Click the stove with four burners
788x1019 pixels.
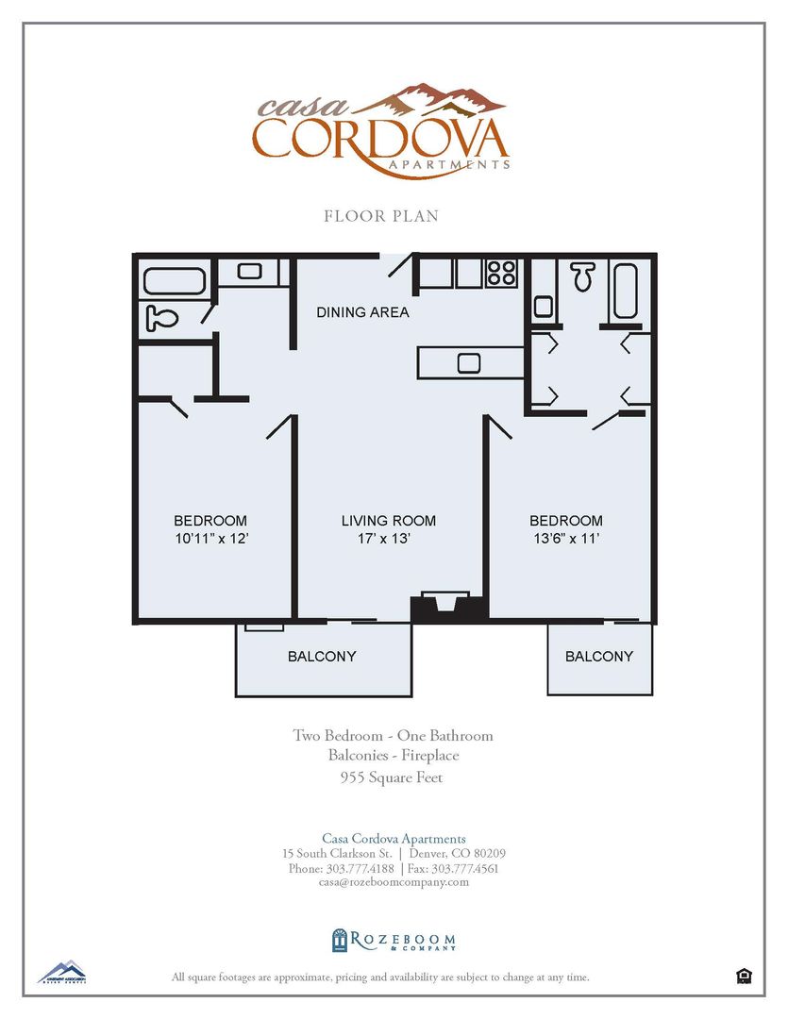point(501,273)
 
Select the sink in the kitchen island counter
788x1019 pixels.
point(469,362)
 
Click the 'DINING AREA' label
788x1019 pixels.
point(362,312)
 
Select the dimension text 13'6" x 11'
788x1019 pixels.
point(565,540)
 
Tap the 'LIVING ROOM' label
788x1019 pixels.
point(388,521)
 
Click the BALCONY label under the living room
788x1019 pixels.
point(322,657)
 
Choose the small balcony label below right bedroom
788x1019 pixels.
point(599,657)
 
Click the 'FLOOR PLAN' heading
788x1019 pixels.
point(381,216)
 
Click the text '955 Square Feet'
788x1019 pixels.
point(392,778)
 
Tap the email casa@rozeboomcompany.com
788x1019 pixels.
point(394,882)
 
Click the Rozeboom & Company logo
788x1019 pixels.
point(394,940)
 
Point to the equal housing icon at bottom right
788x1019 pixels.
point(744,976)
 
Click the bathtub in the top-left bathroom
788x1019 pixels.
point(174,281)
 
